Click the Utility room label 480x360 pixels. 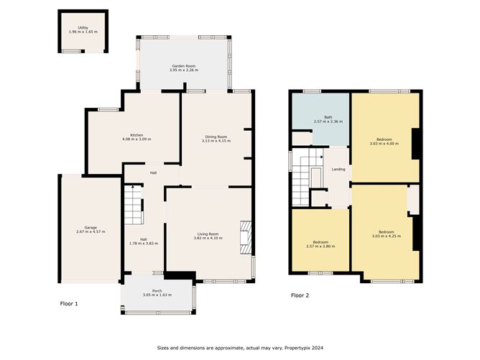(83, 28)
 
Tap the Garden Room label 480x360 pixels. (183, 65)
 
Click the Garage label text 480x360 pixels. (91, 227)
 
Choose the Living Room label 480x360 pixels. (208, 234)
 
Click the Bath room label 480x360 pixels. (328, 117)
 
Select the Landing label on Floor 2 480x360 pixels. (338, 170)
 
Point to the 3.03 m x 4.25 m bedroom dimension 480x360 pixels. (386, 236)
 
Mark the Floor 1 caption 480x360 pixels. (69, 304)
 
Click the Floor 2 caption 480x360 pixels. (300, 295)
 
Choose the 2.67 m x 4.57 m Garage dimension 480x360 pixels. (91, 232)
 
